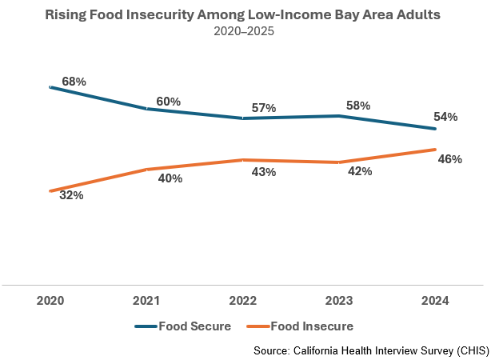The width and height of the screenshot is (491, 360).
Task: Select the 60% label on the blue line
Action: click(x=169, y=102)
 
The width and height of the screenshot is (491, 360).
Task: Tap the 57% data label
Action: click(x=263, y=108)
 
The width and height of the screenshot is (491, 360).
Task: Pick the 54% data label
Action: click(x=445, y=117)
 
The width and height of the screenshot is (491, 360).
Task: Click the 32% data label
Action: click(x=71, y=194)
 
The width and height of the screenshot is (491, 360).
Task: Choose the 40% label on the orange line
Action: click(x=170, y=178)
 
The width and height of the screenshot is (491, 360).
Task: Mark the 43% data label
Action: click(x=263, y=172)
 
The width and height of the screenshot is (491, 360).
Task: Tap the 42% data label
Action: click(x=359, y=171)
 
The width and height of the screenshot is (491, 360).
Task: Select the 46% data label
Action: click(x=450, y=159)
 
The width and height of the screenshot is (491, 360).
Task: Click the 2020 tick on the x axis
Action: click(x=50, y=302)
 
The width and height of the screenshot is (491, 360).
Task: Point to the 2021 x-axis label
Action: click(x=146, y=302)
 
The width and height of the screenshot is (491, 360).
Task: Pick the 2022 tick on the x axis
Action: click(x=242, y=302)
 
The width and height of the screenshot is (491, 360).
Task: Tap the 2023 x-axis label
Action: click(x=338, y=302)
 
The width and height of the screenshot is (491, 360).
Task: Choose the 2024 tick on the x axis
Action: click(x=434, y=302)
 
